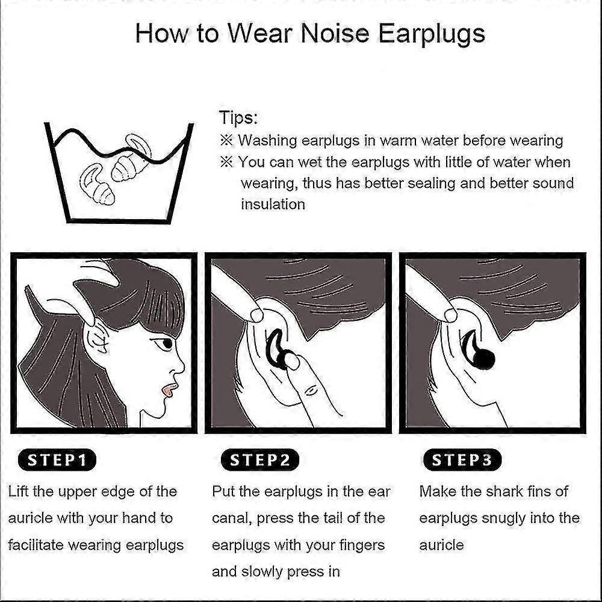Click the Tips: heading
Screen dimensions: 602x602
point(238,117)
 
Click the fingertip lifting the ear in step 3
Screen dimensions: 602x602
point(450,315)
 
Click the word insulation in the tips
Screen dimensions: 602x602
point(273,204)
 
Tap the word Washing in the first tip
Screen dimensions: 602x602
point(268,141)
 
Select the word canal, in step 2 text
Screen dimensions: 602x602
point(232,518)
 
